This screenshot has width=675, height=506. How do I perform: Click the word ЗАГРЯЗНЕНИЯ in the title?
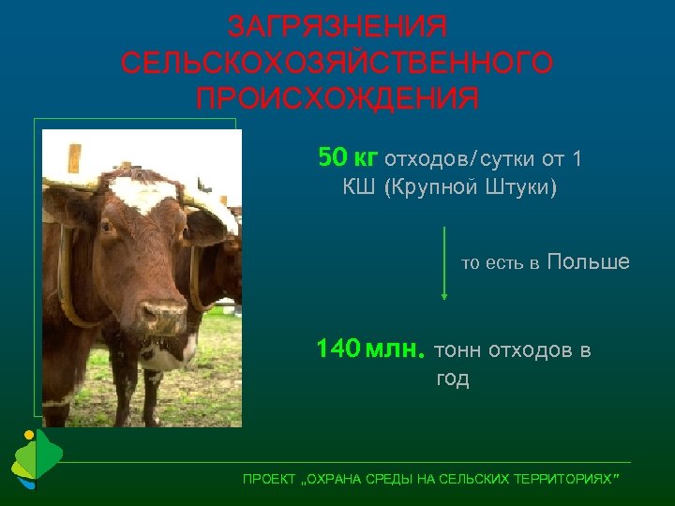[x=337, y=25]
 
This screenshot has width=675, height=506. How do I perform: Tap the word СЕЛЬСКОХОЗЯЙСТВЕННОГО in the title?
[x=337, y=63]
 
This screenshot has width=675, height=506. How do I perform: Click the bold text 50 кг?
[x=348, y=157]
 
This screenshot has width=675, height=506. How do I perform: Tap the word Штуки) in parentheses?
[x=520, y=188]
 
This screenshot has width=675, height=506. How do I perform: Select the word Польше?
[x=588, y=261]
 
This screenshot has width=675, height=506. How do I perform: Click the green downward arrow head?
[x=444, y=294]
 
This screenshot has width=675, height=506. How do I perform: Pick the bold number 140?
[x=337, y=350]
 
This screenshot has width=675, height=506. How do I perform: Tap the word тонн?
[x=458, y=350]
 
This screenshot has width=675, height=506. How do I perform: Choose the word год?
[x=453, y=379]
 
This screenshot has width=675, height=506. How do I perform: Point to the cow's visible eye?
[x=106, y=227]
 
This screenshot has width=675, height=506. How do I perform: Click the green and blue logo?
[x=35, y=460]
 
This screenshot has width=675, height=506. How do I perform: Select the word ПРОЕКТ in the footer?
[x=268, y=480]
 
